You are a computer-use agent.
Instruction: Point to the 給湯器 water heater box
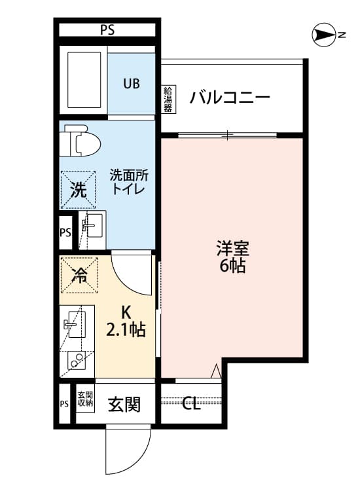(168, 99)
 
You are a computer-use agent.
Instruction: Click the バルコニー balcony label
(230, 98)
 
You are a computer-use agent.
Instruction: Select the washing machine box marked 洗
(78, 190)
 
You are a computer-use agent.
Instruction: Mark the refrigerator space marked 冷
(79, 275)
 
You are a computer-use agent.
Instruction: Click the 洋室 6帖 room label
(232, 257)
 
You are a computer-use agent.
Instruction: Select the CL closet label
(191, 404)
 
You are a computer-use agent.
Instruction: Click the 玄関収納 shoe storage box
(85, 399)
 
